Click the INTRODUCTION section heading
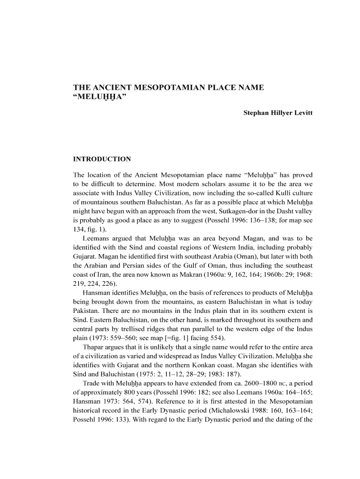102,159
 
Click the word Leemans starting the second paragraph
95,238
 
